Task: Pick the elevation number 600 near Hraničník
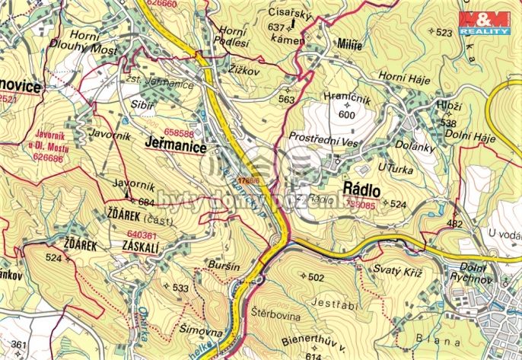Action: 347,114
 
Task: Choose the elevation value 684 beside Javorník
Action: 147,202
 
